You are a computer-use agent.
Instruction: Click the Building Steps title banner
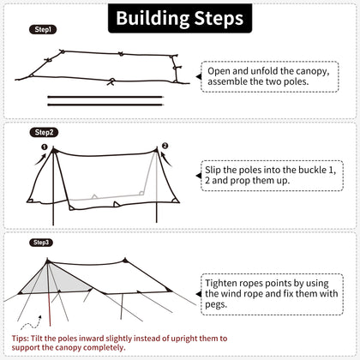click(180, 18)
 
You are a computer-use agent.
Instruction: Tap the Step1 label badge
click(45, 29)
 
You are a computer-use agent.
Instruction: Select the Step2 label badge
click(45, 132)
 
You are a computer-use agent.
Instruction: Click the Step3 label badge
click(42, 243)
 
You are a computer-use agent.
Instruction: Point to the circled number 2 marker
click(165, 147)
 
